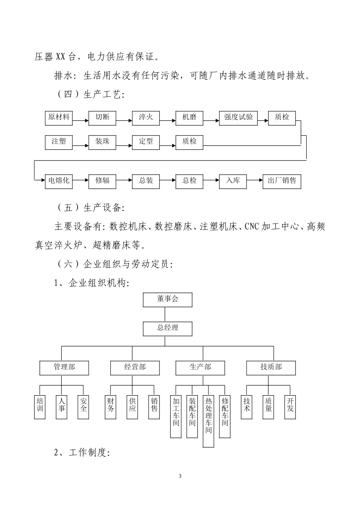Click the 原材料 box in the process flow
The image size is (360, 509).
[x=59, y=118]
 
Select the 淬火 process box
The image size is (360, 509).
[x=146, y=118]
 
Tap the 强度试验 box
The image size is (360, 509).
[x=238, y=118]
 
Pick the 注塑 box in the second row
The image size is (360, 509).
[x=59, y=142]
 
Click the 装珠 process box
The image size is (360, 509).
[x=102, y=142]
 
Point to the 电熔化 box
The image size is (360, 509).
[x=59, y=181]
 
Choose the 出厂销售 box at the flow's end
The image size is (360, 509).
[x=282, y=181]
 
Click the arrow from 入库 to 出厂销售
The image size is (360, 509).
[x=254, y=181]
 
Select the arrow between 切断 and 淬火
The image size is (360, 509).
[x=124, y=121]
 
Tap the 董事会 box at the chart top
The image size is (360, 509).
[x=167, y=300]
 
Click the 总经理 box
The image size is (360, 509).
[x=167, y=328]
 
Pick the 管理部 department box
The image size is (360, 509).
[x=64, y=367]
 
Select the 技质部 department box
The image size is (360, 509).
[x=271, y=367]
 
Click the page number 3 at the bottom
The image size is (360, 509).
[x=180, y=476]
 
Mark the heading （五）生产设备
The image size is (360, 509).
[x=91, y=208]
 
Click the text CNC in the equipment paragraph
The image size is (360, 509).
[x=252, y=227]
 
